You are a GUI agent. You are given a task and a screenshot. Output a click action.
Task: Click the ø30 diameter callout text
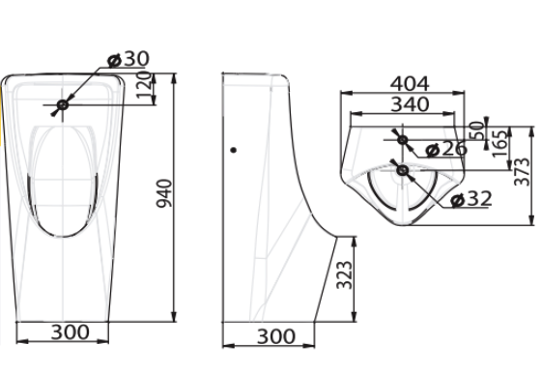pyautogui.click(x=128, y=59)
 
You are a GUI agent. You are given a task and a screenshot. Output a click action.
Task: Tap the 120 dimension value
pyautogui.click(x=144, y=84)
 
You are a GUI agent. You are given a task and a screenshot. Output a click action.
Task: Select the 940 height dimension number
pyautogui.click(x=164, y=193)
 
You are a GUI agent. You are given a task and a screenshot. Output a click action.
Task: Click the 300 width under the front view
pyautogui.click(x=70, y=332)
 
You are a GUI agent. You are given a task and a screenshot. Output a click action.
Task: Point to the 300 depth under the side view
pyautogui.click(x=276, y=336)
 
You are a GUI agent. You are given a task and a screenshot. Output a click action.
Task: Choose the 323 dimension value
pyautogui.click(x=345, y=275)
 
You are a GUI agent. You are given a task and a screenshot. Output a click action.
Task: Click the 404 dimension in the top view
pyautogui.click(x=410, y=84)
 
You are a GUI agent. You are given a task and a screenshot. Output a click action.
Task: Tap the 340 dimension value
pyautogui.click(x=410, y=104)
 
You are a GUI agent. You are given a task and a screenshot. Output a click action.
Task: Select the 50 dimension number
pyautogui.click(x=477, y=130)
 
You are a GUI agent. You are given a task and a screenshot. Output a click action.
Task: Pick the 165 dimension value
pyautogui.click(x=500, y=143)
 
